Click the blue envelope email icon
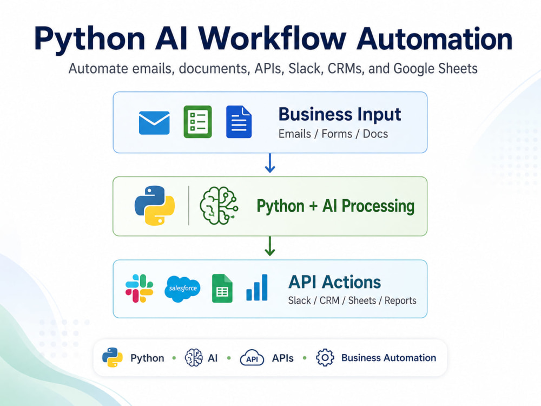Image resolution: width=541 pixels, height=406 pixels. click(x=154, y=122)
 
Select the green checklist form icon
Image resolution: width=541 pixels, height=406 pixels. click(x=197, y=122)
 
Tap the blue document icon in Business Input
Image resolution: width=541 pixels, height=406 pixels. click(x=239, y=122)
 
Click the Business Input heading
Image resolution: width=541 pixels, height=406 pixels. click(x=340, y=115)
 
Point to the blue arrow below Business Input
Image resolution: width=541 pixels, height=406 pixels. click(x=270, y=163)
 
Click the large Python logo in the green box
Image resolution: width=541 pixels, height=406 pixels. click(x=155, y=206)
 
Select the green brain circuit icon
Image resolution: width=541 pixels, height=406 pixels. click(x=219, y=206)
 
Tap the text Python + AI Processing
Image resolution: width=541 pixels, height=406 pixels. click(x=335, y=206)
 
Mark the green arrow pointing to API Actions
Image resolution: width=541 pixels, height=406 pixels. click(x=270, y=246)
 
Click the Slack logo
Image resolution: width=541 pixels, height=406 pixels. click(x=140, y=289)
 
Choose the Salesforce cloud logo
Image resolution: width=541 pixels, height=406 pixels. click(x=182, y=289)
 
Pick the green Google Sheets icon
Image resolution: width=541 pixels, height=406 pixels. click(x=222, y=289)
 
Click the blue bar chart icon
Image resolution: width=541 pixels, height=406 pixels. click(x=256, y=287)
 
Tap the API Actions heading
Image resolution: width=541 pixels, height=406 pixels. click(x=335, y=282)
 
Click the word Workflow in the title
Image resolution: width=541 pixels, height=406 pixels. click(x=272, y=38)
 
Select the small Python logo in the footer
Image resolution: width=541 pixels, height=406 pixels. click(x=113, y=357)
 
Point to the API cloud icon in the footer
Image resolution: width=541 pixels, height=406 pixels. click(x=252, y=358)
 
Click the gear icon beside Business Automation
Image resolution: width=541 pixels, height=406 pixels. click(x=325, y=358)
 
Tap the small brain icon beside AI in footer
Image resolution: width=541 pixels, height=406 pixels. click(x=194, y=358)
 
